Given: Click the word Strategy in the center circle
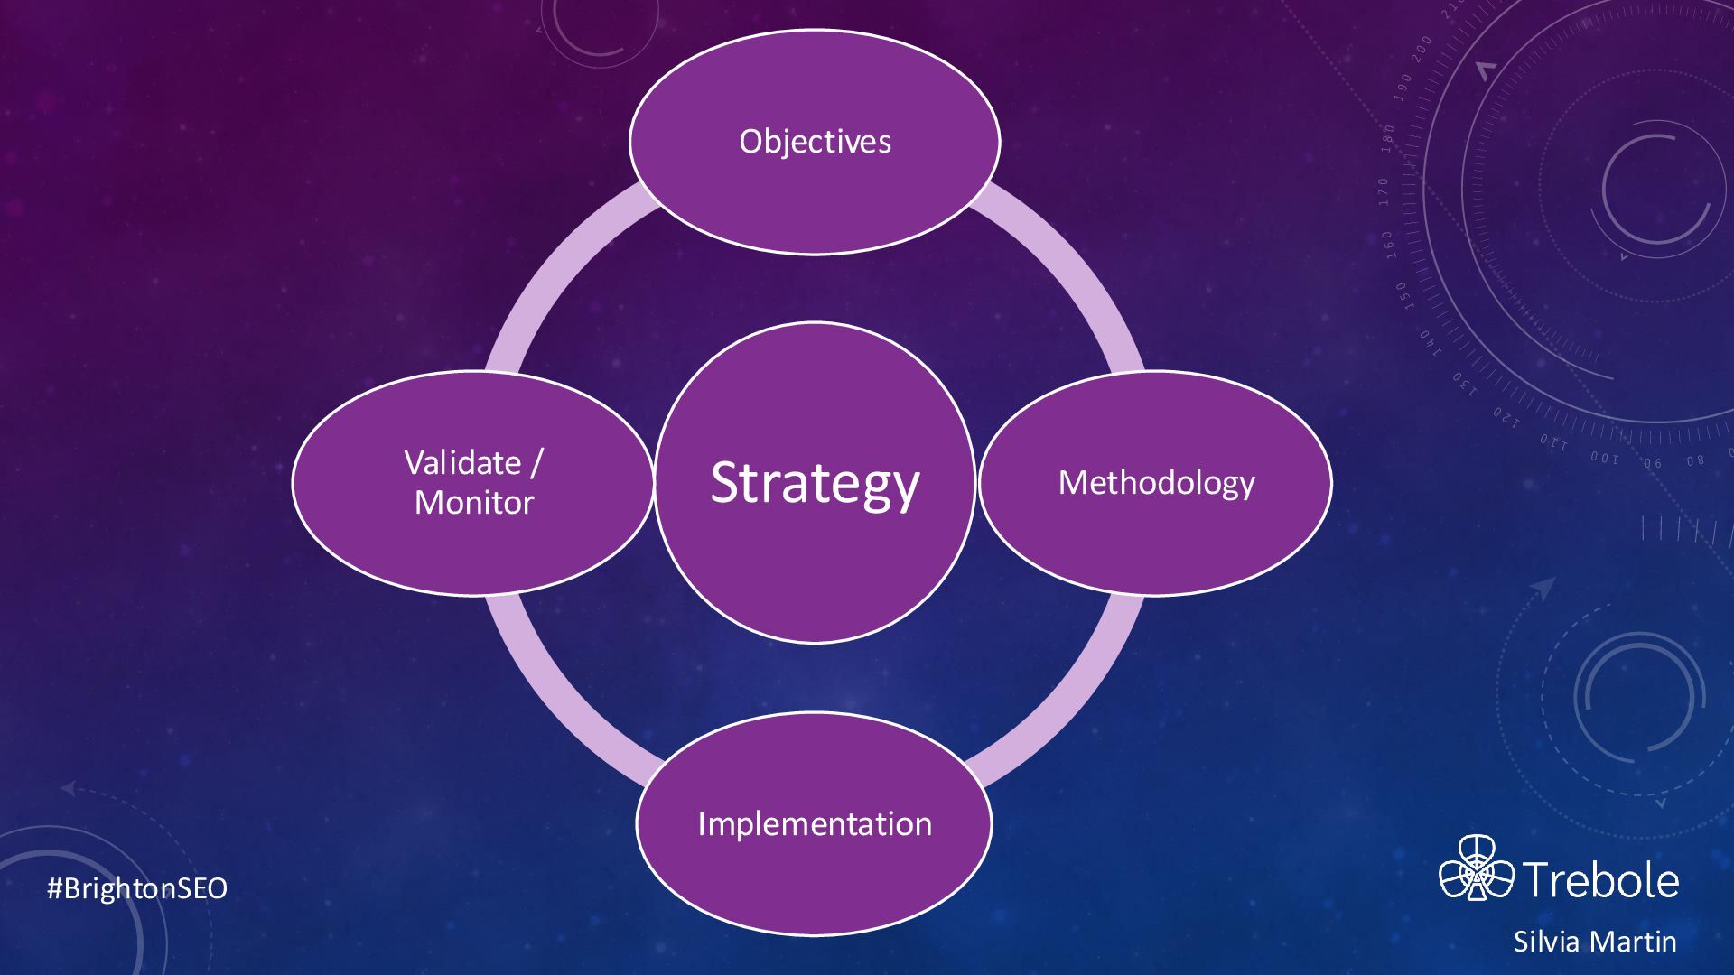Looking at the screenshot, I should [815, 483].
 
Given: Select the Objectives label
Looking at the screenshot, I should [815, 142].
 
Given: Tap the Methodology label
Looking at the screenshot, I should [1156, 483].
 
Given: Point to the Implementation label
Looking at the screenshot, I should [815, 824].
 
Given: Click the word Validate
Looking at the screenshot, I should [462, 463].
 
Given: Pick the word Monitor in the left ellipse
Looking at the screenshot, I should [474, 503].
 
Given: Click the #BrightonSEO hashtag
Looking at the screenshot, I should [137, 888].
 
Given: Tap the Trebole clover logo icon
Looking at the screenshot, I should [1476, 868].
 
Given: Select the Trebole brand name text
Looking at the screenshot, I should [1601, 879].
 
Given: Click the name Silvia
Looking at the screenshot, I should [1544, 942].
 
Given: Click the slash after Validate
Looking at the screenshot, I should [536, 463].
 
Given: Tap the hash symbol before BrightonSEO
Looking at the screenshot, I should [53, 888].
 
